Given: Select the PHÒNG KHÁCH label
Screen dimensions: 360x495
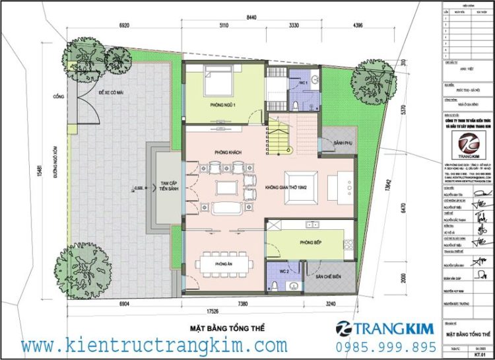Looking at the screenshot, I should [x=228, y=153].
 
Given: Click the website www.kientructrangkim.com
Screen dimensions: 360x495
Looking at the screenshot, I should [x=154, y=345].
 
